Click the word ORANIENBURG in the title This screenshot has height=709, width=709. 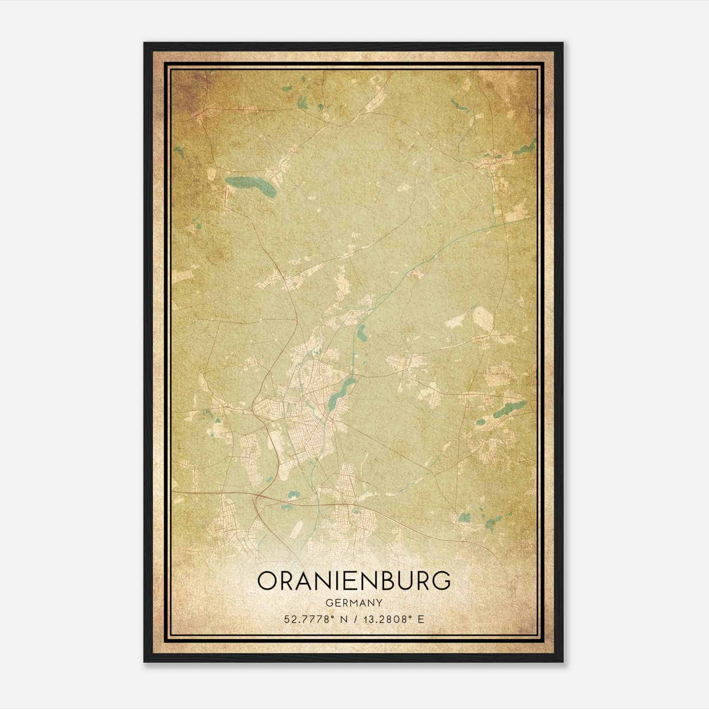tap(354, 581)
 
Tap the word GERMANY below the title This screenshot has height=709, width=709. tap(354, 603)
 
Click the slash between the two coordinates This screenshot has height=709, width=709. tap(354, 619)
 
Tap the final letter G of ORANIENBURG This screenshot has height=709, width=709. tap(441, 581)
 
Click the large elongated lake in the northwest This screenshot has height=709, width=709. tap(250, 186)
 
